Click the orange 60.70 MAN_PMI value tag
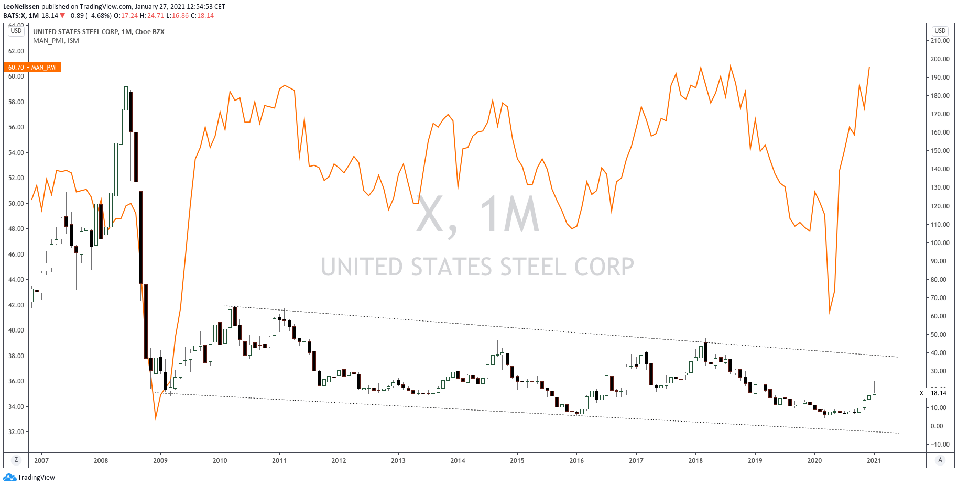(32, 68)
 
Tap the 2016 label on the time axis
(576, 461)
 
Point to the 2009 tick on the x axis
(160, 461)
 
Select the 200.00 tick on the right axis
(940, 59)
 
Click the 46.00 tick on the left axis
(16, 254)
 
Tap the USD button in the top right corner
(940, 31)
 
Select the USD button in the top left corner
(16, 31)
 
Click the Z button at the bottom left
(16, 460)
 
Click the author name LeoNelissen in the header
(21, 7)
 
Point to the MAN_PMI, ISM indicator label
(56, 41)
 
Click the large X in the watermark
(431, 215)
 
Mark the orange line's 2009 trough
(156, 419)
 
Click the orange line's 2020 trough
(830, 313)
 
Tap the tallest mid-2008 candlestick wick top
(126, 67)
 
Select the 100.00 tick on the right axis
(940, 243)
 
